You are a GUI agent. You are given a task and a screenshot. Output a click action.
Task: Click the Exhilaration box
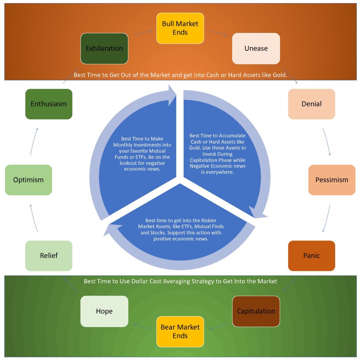(x=104, y=49)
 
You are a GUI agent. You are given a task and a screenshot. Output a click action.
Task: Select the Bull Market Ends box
(x=180, y=28)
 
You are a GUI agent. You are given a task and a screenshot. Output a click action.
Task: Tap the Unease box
(x=256, y=49)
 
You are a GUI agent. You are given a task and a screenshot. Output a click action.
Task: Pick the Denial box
(x=311, y=104)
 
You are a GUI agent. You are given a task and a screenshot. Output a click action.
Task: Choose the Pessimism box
(x=332, y=180)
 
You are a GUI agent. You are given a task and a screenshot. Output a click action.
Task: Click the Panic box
(x=311, y=256)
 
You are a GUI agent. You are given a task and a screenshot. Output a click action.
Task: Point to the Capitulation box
(x=256, y=311)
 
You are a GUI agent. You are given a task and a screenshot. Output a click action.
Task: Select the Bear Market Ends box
(x=180, y=331)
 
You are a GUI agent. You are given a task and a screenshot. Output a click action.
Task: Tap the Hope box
(x=104, y=311)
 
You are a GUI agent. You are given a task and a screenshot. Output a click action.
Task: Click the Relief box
(x=49, y=256)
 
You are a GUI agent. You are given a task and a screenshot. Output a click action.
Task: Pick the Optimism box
(x=28, y=180)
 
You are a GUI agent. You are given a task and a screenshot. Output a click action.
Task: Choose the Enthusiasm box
(x=49, y=104)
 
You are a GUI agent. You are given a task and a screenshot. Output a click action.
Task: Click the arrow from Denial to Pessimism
(x=327, y=141)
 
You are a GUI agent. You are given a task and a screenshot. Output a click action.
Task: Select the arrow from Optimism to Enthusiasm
(x=33, y=141)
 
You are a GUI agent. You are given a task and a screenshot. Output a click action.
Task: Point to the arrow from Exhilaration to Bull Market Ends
(x=142, y=33)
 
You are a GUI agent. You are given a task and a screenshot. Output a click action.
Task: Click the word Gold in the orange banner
(x=279, y=75)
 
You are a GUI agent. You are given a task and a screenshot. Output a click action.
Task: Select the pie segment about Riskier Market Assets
(x=180, y=232)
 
